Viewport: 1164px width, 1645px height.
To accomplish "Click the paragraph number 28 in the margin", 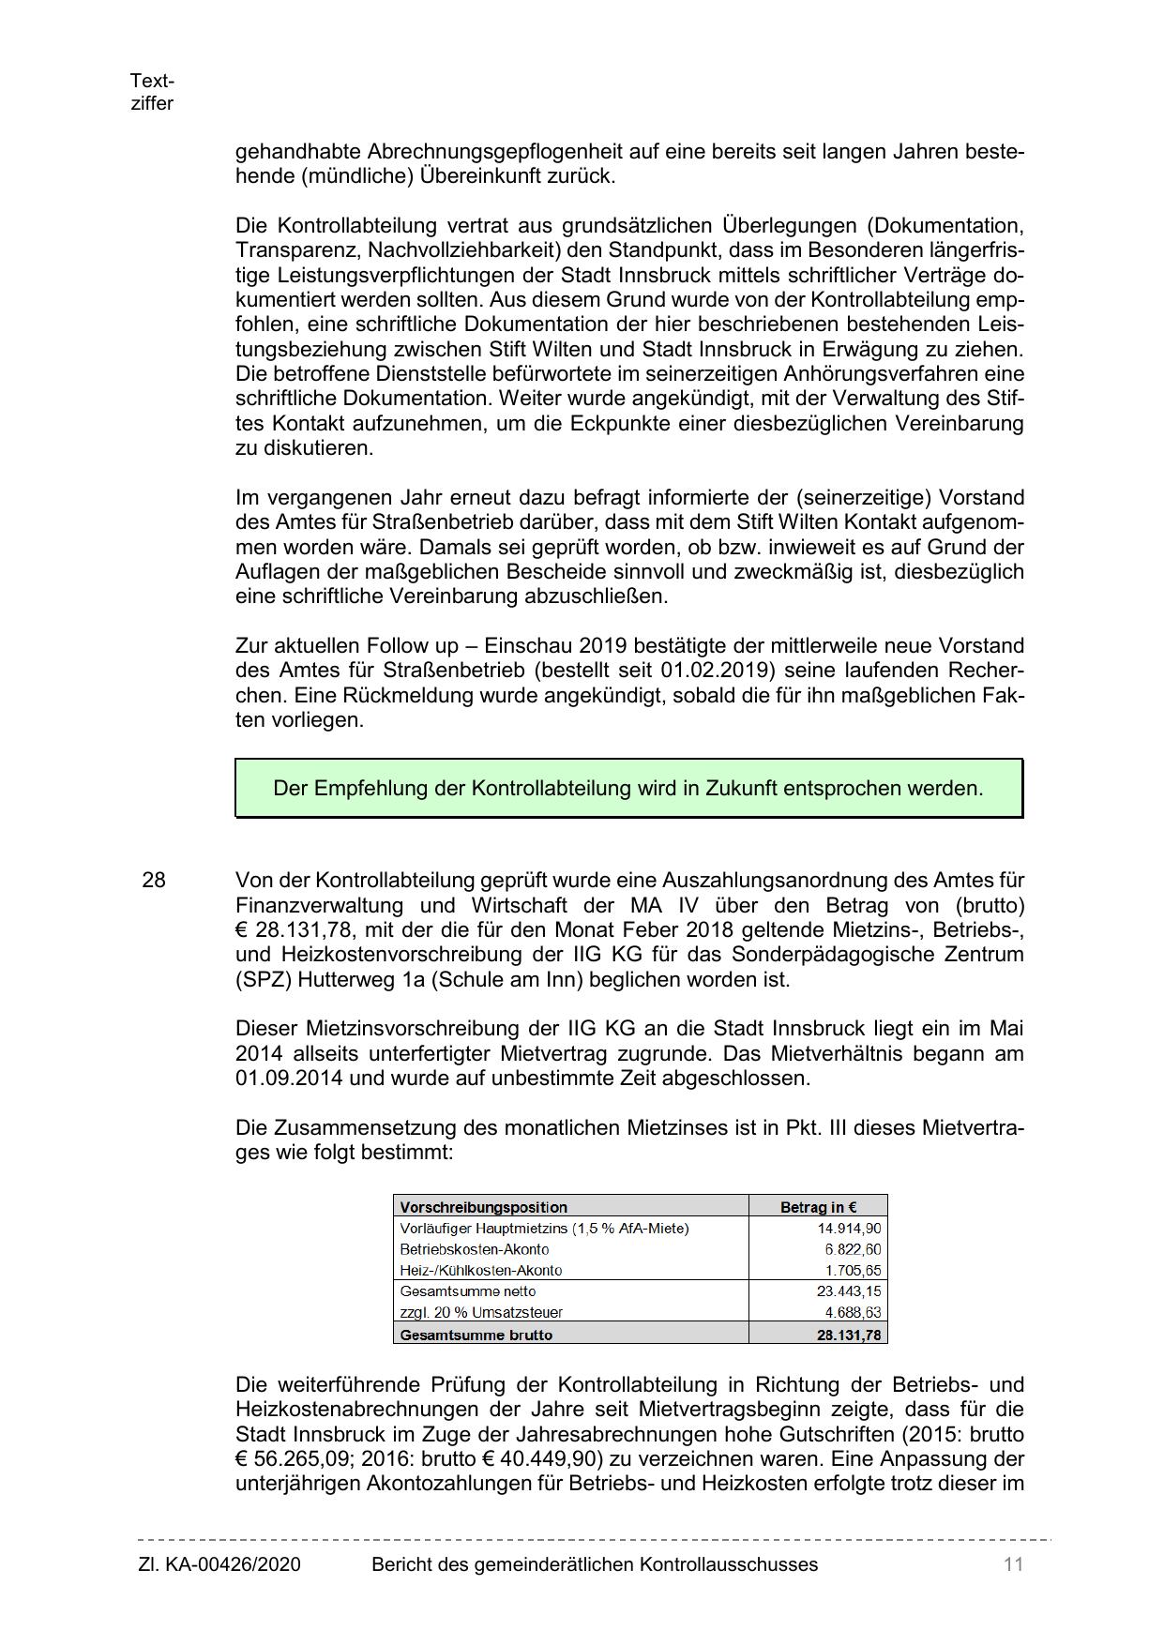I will pyautogui.click(x=154, y=881).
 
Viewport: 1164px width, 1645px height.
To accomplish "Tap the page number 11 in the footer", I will pyautogui.click(x=1012, y=1564).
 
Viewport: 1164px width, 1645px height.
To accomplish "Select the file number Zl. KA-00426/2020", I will pyautogui.click(x=219, y=1564).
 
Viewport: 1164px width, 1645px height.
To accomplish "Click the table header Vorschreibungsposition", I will pyautogui.click(x=483, y=1207).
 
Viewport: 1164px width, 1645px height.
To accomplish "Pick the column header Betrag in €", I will pyautogui.click(x=818, y=1207).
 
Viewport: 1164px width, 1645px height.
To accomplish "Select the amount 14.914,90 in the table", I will pyautogui.click(x=849, y=1229).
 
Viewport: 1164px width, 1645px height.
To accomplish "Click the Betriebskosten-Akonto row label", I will pyautogui.click(x=474, y=1249).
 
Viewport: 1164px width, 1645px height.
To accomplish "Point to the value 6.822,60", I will pyautogui.click(x=853, y=1249).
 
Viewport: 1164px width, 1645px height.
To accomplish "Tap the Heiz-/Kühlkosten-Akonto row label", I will pyautogui.click(x=480, y=1271).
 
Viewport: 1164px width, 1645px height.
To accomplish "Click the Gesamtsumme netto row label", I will pyautogui.click(x=467, y=1291).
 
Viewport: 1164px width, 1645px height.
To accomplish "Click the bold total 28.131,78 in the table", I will pyautogui.click(x=848, y=1335).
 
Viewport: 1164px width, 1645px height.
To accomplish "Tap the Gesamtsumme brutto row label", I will pyautogui.click(x=476, y=1335).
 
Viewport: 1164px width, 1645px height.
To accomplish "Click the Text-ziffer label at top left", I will pyautogui.click(x=152, y=92).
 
